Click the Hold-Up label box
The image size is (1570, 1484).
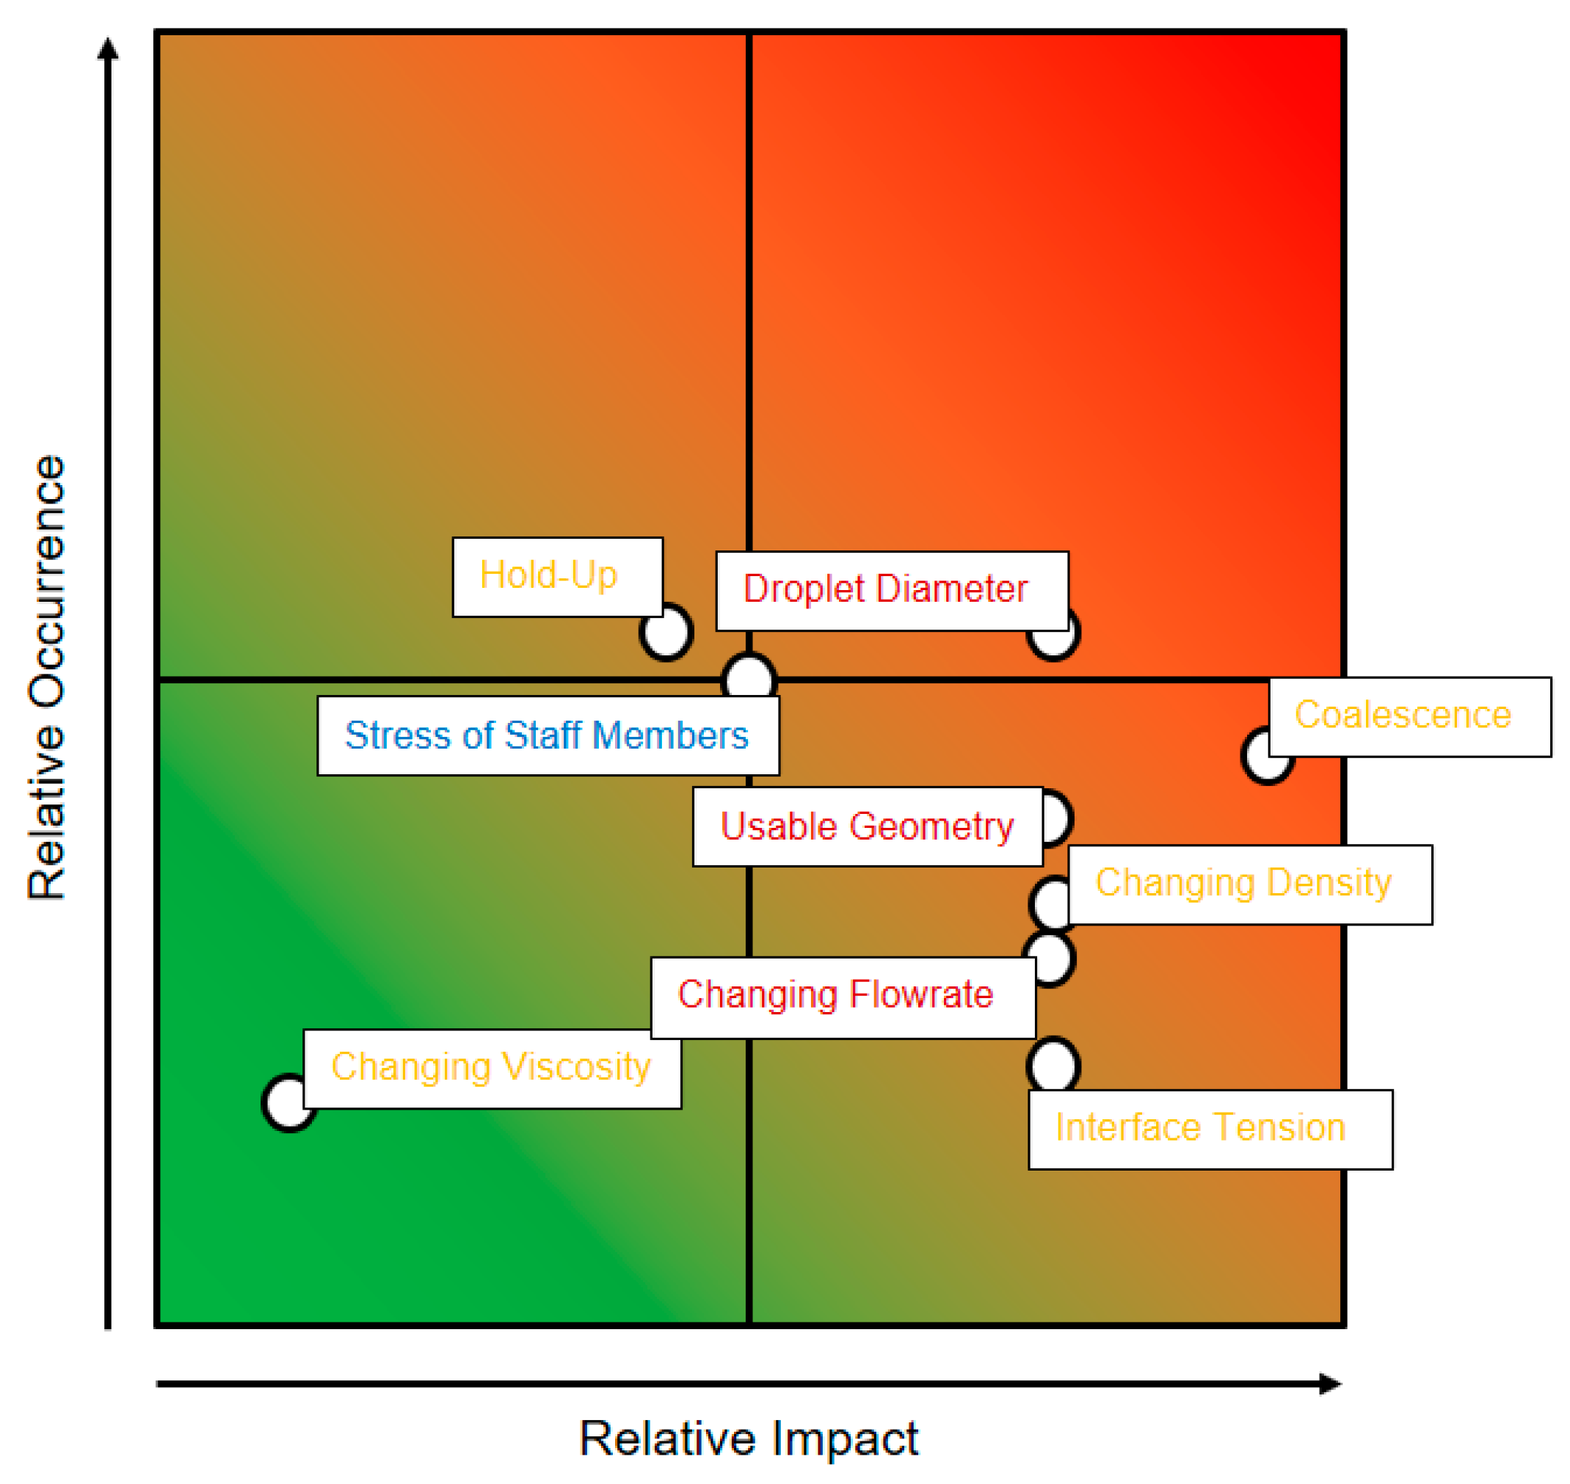pos(557,577)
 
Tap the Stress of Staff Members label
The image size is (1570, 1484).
pos(548,735)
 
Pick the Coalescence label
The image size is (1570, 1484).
pos(1409,717)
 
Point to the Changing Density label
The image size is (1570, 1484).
pos(1249,884)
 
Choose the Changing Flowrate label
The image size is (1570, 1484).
pos(843,997)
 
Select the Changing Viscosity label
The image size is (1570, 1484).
pos(492,1069)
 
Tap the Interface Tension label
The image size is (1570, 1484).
pos(1210,1130)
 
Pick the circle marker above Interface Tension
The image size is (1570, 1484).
pos(1053,1066)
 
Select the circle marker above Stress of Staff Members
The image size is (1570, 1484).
pos(748,677)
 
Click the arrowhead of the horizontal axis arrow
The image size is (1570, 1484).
pos(1332,1383)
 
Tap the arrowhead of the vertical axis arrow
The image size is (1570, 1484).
pos(108,49)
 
